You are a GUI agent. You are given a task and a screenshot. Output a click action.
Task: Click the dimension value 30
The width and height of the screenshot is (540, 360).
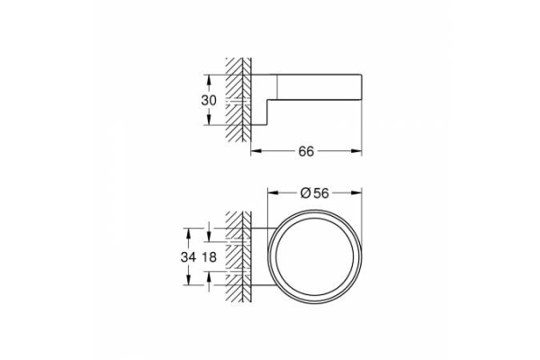coord(208,100)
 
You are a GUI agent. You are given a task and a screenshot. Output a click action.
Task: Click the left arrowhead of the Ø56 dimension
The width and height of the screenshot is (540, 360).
coord(271,191)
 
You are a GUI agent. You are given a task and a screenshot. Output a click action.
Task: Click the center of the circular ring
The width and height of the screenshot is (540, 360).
coord(314,256)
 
